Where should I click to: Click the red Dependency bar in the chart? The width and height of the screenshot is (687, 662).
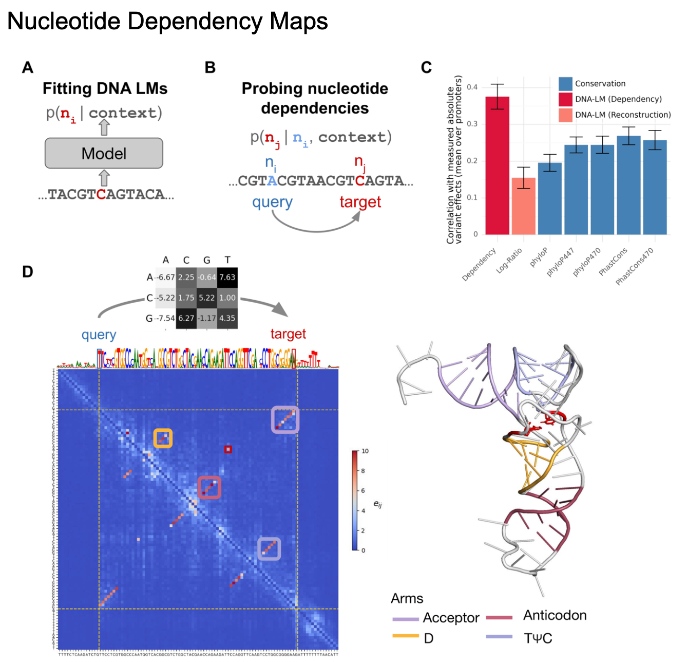click(497, 165)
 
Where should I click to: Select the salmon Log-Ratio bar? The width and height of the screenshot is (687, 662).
click(523, 206)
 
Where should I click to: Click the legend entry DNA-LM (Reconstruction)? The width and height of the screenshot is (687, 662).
click(622, 115)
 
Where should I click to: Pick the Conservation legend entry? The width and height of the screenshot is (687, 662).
click(600, 84)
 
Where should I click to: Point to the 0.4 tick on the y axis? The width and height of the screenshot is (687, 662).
click(472, 87)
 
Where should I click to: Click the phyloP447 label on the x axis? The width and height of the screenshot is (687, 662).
click(560, 262)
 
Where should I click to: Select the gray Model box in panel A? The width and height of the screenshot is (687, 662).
click(104, 153)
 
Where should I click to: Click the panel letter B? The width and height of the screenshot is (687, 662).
click(210, 67)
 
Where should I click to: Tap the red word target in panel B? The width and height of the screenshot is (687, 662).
click(360, 202)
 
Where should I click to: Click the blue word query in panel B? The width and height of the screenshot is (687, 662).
click(272, 202)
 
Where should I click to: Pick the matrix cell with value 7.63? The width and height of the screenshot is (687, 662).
click(227, 278)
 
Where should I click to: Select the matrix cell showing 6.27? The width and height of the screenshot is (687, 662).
click(186, 318)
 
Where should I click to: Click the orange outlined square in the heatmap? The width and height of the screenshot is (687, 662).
click(163, 438)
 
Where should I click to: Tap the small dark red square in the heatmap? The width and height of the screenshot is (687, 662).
click(228, 449)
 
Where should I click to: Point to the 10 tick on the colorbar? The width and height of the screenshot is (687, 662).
click(365, 451)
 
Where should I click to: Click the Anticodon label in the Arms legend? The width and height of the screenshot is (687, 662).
click(555, 616)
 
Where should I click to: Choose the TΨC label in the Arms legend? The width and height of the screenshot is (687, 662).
click(538, 638)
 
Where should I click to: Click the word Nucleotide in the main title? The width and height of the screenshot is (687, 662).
click(64, 22)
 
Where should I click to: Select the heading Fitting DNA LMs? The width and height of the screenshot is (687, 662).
click(105, 88)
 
